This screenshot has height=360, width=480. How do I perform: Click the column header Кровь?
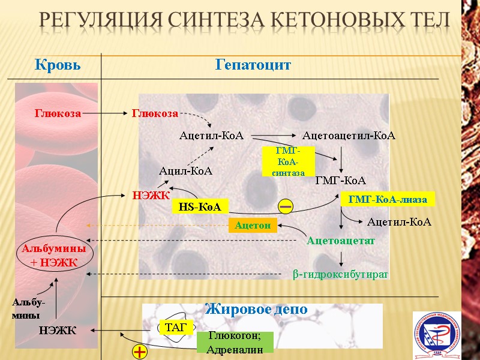(58, 65)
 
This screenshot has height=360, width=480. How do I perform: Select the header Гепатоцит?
(253, 65)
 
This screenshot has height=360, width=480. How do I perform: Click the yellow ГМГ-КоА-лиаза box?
(387, 199)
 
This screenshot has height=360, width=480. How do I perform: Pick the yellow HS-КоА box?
(200, 207)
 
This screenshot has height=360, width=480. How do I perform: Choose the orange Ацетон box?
(253, 226)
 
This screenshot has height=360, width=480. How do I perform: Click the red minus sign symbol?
(286, 207)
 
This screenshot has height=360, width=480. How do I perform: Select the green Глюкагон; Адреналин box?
(235, 343)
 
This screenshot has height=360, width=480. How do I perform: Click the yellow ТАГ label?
(176, 327)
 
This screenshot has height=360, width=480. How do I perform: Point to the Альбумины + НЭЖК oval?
(53, 255)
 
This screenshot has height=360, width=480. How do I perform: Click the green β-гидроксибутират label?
(340, 274)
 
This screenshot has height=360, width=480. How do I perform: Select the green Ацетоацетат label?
(340, 241)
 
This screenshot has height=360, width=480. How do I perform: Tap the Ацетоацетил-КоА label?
(349, 136)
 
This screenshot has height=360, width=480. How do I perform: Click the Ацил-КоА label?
(185, 171)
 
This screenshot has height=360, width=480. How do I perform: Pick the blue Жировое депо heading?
(256, 310)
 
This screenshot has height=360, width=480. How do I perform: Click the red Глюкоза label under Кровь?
(58, 112)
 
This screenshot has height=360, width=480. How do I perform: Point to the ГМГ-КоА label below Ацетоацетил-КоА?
(340, 180)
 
